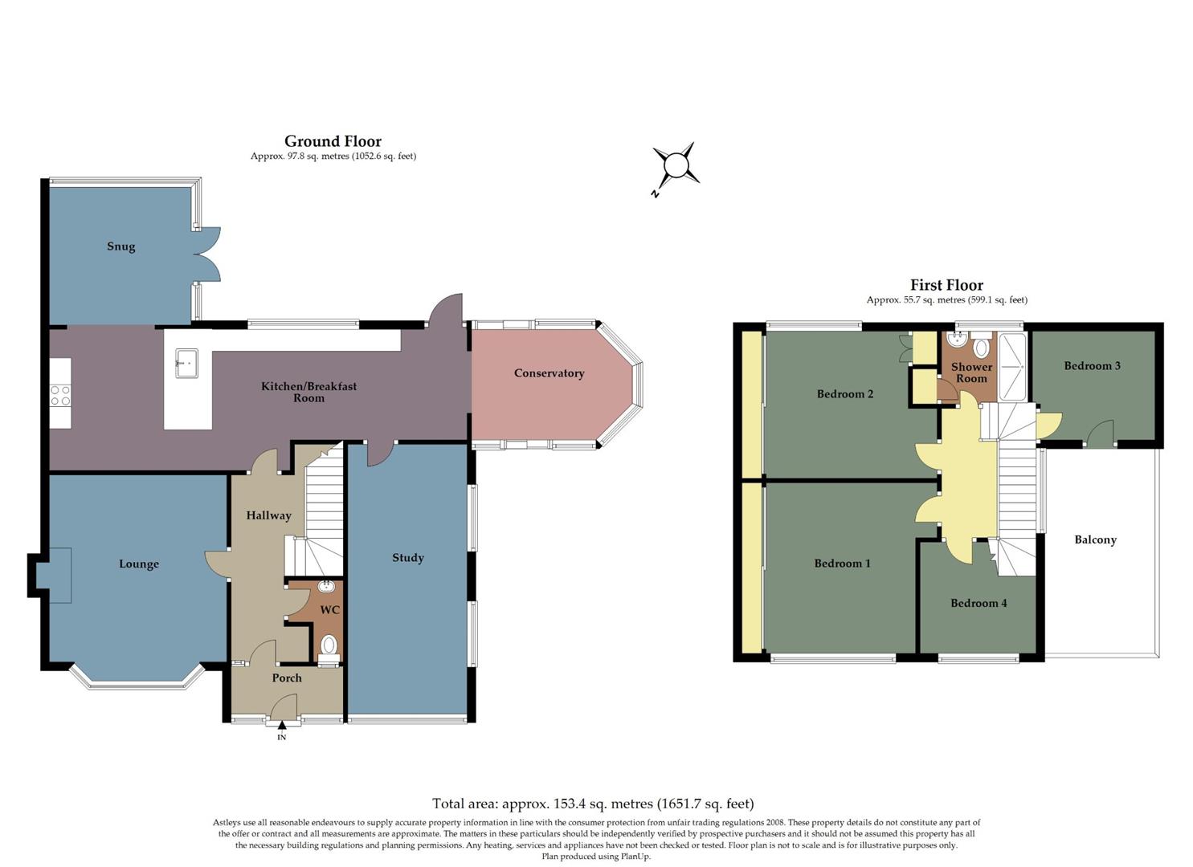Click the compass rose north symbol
point(676,166)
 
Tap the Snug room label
point(121,246)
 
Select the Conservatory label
point(549,373)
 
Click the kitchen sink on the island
point(186,363)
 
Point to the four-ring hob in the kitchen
point(60,396)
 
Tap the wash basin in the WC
point(326,586)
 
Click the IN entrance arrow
point(281,727)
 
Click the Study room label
point(407,558)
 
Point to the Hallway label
point(268,515)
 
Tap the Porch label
point(287,678)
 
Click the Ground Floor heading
point(333,142)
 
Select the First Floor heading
point(946,285)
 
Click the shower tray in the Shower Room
point(1012,367)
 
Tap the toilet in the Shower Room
point(981,348)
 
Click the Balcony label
point(1095,540)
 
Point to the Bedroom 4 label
point(979,604)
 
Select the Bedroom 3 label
point(1092,366)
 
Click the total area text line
point(593,804)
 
